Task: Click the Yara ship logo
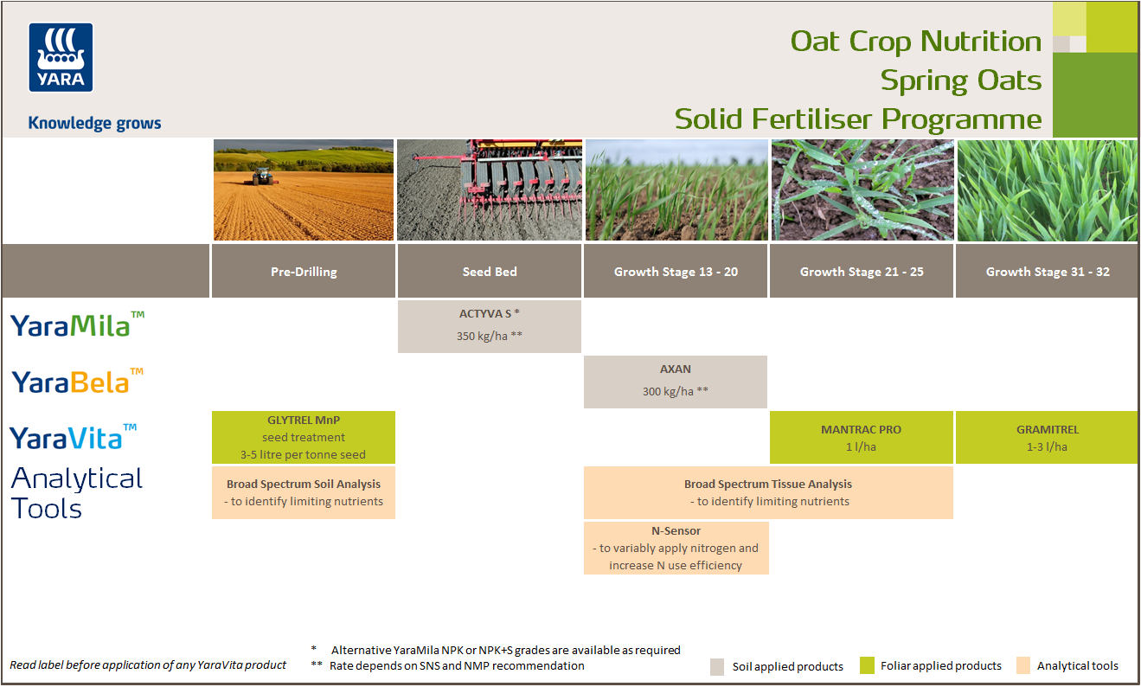61,57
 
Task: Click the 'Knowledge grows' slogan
94,123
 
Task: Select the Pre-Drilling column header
304,272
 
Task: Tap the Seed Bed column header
490,272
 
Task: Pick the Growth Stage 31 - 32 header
1047,272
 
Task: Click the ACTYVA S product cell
490,326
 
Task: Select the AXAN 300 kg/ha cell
676,381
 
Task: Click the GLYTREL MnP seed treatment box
304,437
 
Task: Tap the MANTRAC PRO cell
861,437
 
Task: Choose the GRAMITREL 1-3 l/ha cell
1047,437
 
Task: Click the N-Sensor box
676,547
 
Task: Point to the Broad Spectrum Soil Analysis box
304,492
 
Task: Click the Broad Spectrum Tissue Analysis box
768,492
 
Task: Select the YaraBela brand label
77,382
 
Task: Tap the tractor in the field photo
261,177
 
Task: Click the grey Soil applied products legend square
717,666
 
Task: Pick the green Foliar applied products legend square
867,665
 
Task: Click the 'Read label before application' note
148,665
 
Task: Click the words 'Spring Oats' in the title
960,80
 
